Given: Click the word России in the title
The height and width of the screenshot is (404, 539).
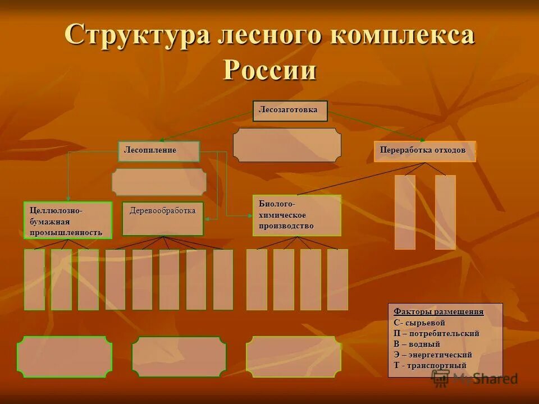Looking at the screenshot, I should pos(270,70).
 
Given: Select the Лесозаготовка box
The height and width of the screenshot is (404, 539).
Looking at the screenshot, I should pos(290,111).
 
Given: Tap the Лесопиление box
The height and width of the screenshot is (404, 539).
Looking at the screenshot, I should pos(158,151).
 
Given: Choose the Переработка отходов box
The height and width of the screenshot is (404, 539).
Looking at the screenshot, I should pos(424,151).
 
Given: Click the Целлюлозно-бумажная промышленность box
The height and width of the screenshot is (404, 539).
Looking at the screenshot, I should pos(67,221).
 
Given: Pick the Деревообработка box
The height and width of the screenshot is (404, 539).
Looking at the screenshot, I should pos(163,218).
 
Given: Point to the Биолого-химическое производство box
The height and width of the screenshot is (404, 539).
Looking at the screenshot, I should pos(297,215).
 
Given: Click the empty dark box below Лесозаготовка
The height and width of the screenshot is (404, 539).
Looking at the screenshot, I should pos(287,145).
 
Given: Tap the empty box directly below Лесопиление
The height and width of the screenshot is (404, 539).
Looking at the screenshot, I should pos(159,182).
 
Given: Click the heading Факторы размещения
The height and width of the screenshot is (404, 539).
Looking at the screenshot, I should pos(438,311).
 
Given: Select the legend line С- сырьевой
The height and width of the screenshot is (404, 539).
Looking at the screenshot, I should pos(419,323).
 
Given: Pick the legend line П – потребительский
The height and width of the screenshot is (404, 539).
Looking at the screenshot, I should pos(436,333).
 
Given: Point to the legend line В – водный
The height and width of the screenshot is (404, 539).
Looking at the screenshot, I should pos(417,344).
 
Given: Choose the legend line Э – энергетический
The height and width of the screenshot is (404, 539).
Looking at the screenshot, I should pos(433,355).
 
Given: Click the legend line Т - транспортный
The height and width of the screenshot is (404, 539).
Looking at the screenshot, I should pos(430,365).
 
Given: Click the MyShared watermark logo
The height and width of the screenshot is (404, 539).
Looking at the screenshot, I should pos(474,378).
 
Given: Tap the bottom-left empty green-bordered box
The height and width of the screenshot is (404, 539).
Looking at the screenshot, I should pos(65,356).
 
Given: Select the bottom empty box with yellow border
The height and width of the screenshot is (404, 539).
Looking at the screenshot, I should pos(294,356).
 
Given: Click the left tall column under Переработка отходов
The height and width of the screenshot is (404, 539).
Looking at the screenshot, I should pos(405,212).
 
